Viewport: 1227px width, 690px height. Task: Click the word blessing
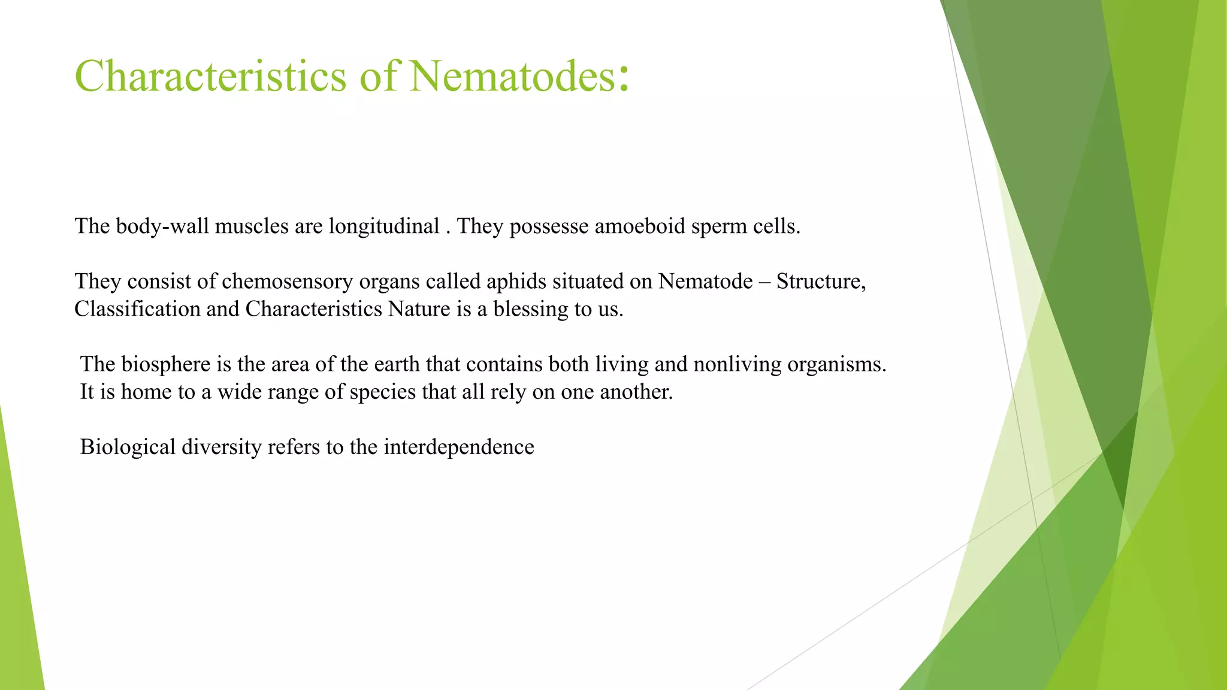tap(531, 309)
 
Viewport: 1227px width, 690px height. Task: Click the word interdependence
tap(458, 447)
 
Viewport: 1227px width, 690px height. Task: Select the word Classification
tap(137, 309)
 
